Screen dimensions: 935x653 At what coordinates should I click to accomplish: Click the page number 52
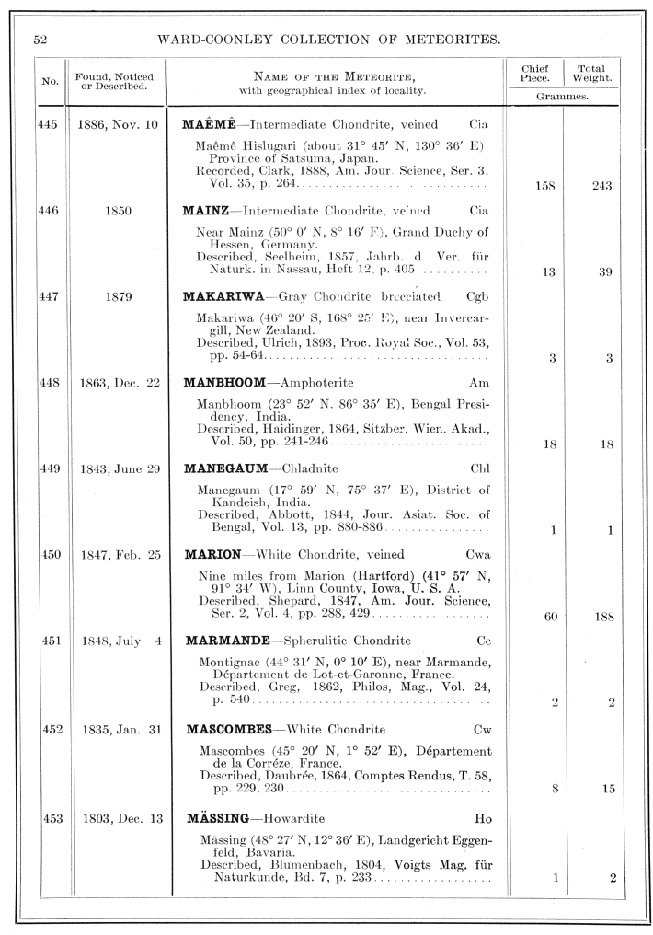[40, 40]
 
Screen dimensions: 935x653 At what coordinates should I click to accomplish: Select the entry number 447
[49, 295]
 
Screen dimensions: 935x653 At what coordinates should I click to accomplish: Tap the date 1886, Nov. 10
[117, 124]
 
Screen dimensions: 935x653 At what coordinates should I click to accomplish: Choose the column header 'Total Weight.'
[592, 74]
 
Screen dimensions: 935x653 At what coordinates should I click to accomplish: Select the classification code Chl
[480, 468]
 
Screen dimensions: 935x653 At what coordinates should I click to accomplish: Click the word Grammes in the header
[563, 95]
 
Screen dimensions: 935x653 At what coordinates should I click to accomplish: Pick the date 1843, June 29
[120, 468]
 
